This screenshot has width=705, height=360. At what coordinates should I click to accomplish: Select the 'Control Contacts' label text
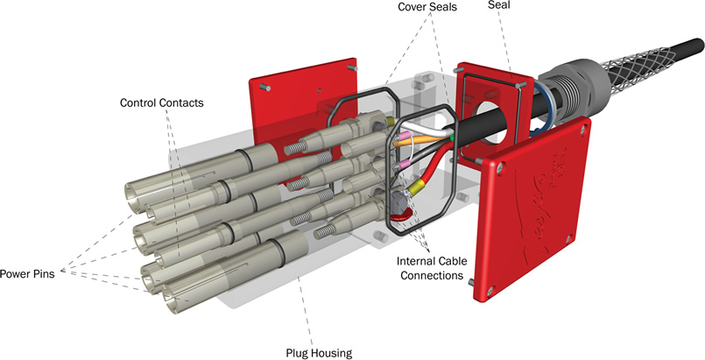pyautogui.click(x=161, y=103)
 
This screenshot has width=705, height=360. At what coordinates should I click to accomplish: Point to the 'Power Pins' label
pyautogui.click(x=29, y=273)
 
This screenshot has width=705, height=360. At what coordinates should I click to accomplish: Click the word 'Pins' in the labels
pyautogui.click(x=42, y=273)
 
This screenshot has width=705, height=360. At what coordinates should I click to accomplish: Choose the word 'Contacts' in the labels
pyautogui.click(x=181, y=103)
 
